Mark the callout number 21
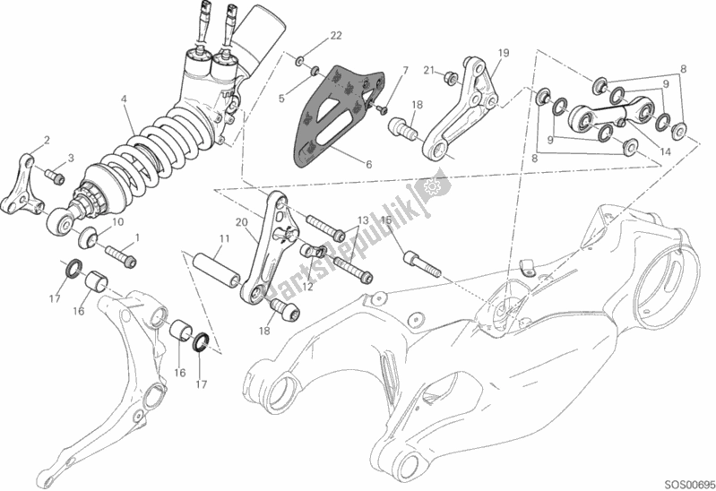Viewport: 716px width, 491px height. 428,71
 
